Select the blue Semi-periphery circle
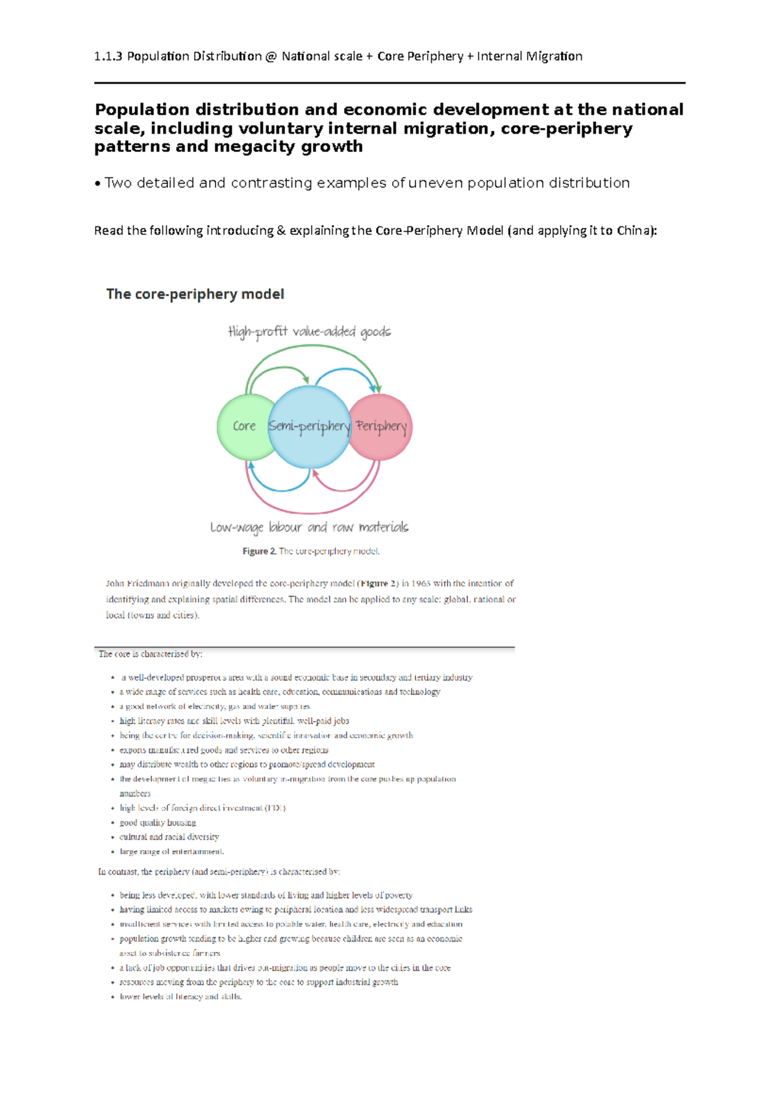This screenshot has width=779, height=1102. pyautogui.click(x=309, y=426)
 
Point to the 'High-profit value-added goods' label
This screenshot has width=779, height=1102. pyautogui.click(x=309, y=332)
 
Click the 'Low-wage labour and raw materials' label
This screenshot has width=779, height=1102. pyautogui.click(x=309, y=527)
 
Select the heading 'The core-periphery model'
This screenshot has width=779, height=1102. pyautogui.click(x=195, y=294)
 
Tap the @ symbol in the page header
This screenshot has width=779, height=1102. pyautogui.click(x=271, y=56)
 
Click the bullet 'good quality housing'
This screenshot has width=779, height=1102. pyautogui.click(x=158, y=822)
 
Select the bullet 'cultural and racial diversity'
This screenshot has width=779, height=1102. pyautogui.click(x=169, y=837)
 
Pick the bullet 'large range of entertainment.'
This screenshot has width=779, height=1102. pyautogui.click(x=171, y=851)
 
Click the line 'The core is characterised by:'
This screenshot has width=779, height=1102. pyautogui.click(x=150, y=654)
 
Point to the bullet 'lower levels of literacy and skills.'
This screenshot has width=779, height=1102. pyautogui.click(x=180, y=997)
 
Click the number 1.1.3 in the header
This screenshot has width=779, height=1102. pyautogui.click(x=108, y=56)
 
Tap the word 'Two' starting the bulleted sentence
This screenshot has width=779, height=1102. pyautogui.click(x=118, y=183)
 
